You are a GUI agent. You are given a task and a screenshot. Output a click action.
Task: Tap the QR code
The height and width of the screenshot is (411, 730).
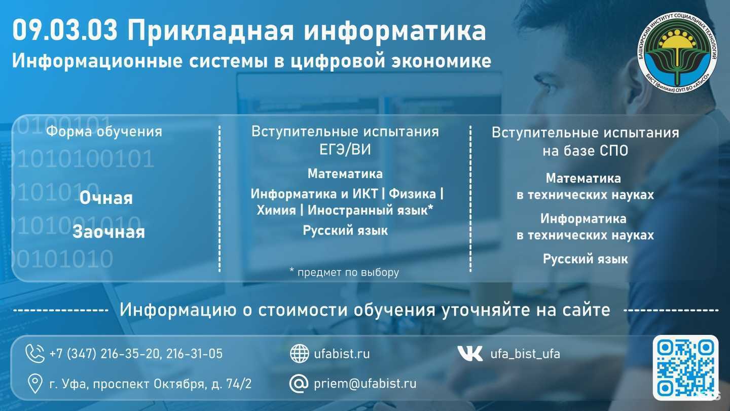tap(685, 367)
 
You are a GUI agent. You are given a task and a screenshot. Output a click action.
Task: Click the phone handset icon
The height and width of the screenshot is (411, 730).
tap(35, 353)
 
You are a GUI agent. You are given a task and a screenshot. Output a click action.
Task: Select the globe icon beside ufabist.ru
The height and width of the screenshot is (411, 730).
tap(299, 354)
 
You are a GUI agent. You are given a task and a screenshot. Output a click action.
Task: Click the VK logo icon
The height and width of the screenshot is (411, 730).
tap(470, 354)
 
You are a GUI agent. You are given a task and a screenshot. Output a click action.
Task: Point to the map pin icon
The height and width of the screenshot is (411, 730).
tap(34, 384)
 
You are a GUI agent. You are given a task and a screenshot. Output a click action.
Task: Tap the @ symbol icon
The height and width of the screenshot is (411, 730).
tap(299, 384)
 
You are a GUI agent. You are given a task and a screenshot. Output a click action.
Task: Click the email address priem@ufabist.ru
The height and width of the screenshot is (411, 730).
tap(365, 384)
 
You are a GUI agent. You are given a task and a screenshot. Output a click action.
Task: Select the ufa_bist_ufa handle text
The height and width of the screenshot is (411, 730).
tap(525, 354)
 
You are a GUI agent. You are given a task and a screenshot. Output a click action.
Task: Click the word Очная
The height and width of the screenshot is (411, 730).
tap(106, 198)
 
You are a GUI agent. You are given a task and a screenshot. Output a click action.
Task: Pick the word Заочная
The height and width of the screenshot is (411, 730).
tap(108, 232)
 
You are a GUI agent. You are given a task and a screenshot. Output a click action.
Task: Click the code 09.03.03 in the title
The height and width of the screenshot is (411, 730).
tap(65, 31)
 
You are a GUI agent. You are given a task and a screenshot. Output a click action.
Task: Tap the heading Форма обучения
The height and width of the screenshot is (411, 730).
tap(104, 132)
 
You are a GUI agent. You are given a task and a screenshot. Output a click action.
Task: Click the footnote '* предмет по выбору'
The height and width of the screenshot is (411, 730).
tap(344, 272)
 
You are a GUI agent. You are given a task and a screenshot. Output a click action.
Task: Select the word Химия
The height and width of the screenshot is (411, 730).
tap(276, 210)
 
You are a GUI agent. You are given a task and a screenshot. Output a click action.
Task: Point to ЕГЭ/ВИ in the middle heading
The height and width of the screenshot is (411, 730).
tap(345, 149)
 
